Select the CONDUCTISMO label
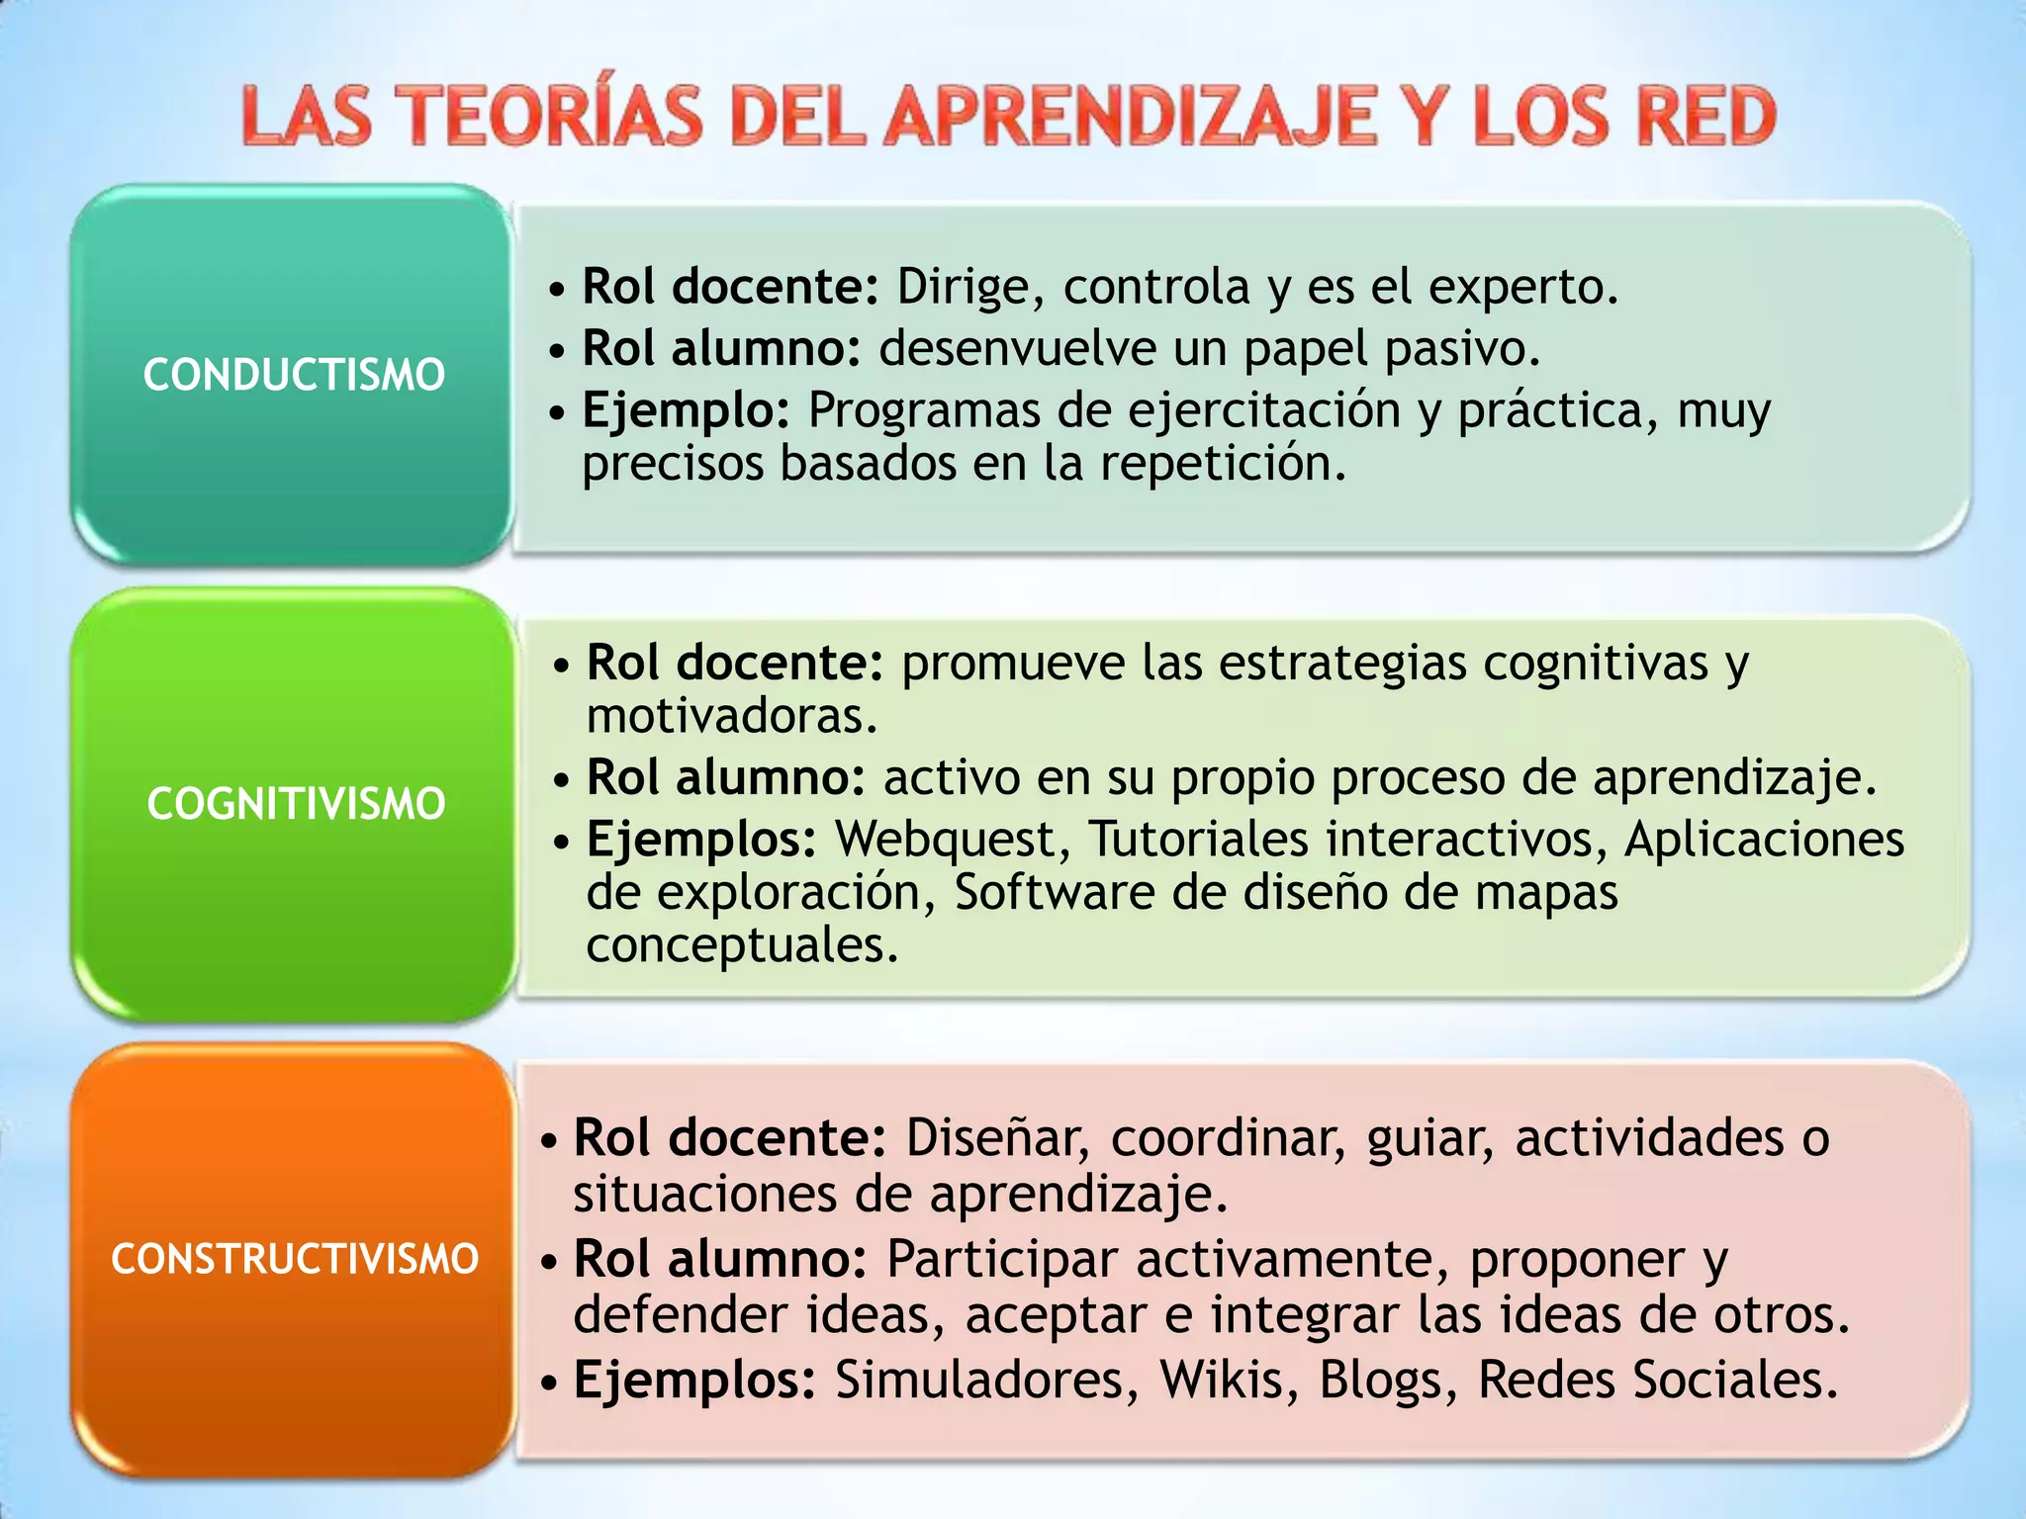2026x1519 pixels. (294, 375)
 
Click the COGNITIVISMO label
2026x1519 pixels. (296, 803)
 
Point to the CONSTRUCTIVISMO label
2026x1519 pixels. (295, 1259)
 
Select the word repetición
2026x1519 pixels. (1224, 463)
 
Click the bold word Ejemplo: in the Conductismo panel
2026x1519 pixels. (686, 410)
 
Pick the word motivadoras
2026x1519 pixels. (732, 716)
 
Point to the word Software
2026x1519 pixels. (1055, 892)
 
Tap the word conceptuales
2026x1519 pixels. (742, 945)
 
